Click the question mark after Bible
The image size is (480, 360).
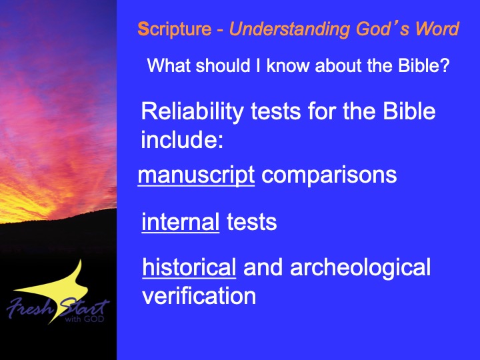pyautogui.click(x=445, y=65)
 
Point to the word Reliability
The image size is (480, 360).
pyautogui.click(x=192, y=113)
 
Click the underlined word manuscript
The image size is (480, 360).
pyautogui.click(x=196, y=176)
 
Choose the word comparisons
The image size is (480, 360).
pyautogui.click(x=329, y=176)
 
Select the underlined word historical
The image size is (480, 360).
pyautogui.click(x=189, y=267)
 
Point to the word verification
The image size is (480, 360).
pyautogui.click(x=199, y=296)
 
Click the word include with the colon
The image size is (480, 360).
pyautogui.click(x=182, y=139)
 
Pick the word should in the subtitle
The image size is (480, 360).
pyautogui.click(x=223, y=65)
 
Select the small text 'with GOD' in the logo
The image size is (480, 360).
pyautogui.click(x=85, y=319)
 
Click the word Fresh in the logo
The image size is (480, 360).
pyautogui.click(x=30, y=307)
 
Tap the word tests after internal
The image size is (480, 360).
pyautogui.click(x=251, y=222)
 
